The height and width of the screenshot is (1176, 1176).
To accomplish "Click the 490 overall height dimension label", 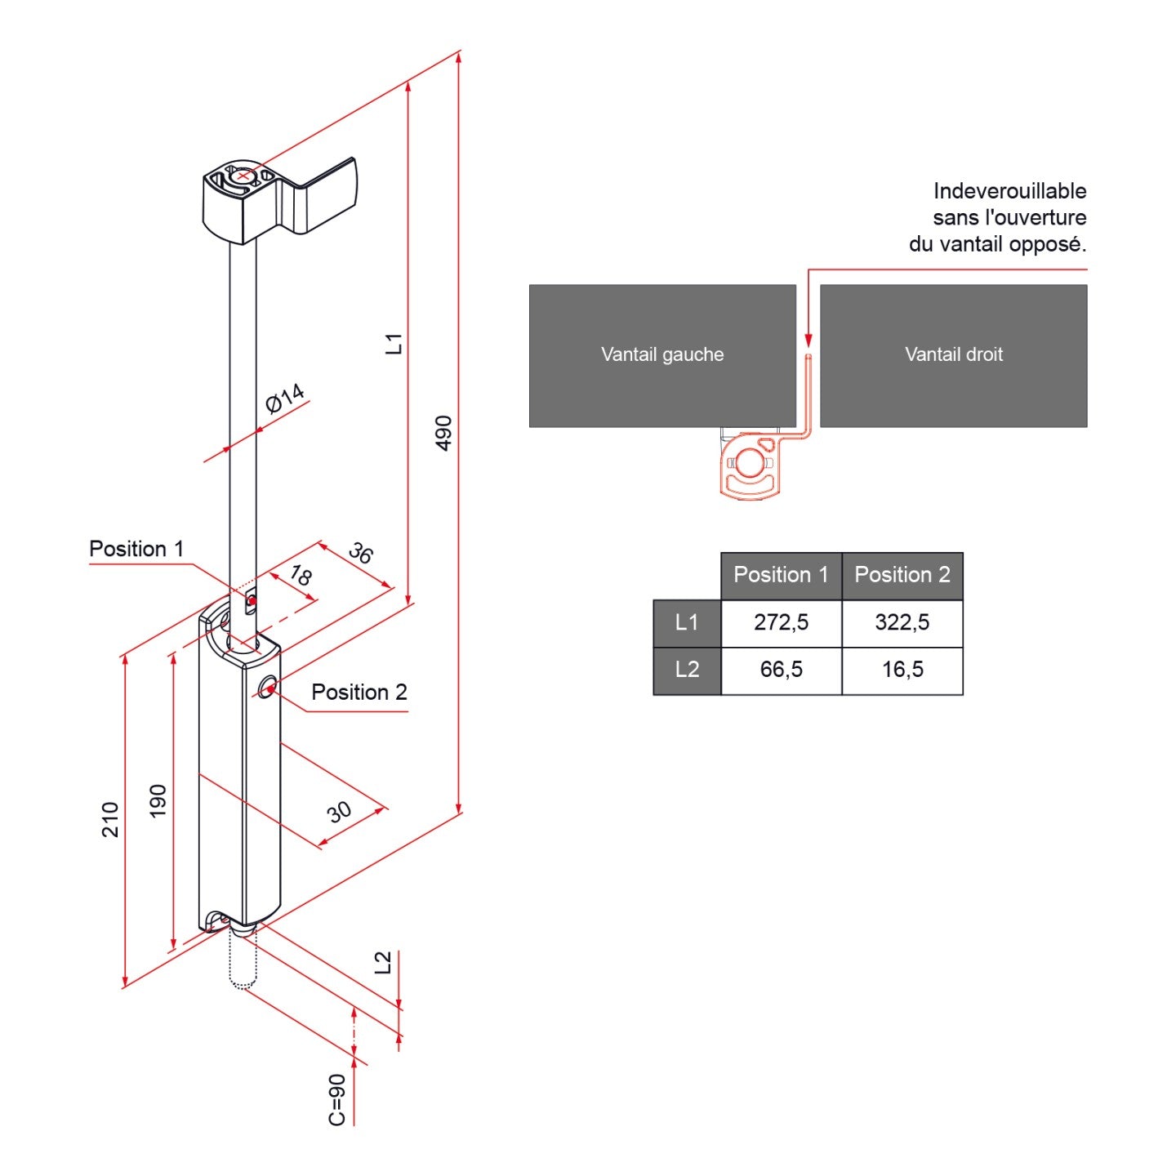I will click(443, 433).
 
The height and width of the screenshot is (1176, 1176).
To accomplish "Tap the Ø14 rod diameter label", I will click(285, 398).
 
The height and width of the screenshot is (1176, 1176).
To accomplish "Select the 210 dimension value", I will click(110, 819).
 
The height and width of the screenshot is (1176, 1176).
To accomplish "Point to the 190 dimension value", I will click(158, 800).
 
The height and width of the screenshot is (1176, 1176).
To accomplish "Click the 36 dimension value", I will click(360, 553).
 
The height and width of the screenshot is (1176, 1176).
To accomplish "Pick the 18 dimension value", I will click(301, 576).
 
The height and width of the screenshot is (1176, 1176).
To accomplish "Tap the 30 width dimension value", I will click(339, 812).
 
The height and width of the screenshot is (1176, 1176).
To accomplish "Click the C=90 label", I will click(337, 1099).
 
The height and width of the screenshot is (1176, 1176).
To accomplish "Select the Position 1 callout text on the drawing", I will click(136, 549).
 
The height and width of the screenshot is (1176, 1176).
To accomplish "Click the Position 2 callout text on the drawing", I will click(359, 693).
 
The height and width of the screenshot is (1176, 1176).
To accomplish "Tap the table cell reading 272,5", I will click(781, 623).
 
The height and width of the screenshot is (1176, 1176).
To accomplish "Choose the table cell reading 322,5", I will click(902, 623).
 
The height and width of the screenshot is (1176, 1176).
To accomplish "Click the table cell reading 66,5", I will click(781, 670).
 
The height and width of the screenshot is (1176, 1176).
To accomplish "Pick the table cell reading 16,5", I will click(902, 670).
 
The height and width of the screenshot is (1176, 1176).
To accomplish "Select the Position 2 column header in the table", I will click(902, 575).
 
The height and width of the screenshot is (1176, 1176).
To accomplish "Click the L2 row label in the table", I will click(687, 670).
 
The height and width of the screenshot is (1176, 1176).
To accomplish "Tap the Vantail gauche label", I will click(662, 354).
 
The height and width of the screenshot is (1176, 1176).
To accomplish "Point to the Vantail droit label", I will click(954, 354).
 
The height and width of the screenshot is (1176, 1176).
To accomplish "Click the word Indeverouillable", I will click(1009, 191).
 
